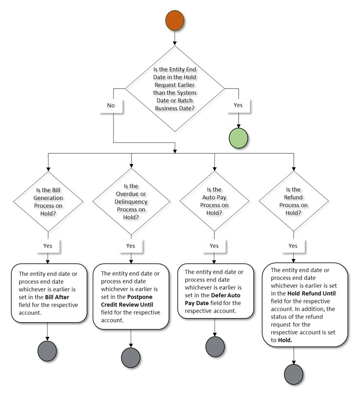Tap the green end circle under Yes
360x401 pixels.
tap(238, 138)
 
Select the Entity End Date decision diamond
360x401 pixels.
tap(175, 88)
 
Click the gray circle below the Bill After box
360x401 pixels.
tap(47, 351)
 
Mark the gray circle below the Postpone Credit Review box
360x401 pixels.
tap(131, 357)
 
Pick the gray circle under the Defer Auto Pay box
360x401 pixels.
tap(215, 346)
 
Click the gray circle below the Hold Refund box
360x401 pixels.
tap(293, 374)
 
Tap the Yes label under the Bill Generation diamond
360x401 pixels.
tap(47, 246)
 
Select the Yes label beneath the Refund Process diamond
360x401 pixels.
tap(293, 246)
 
